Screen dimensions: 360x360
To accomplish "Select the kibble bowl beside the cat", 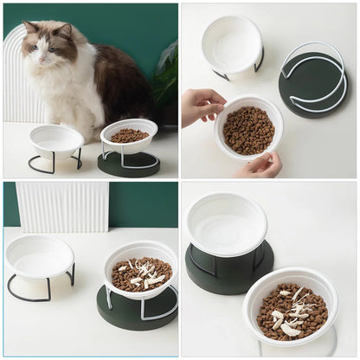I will (x=129, y=136).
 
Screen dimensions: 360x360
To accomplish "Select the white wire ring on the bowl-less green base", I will (x=313, y=78).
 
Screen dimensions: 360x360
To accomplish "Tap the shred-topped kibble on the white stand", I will (x=292, y=312).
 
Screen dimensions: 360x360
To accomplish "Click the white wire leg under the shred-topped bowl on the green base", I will (x=109, y=299).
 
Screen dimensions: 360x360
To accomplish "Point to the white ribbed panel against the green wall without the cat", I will (x=62, y=206).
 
